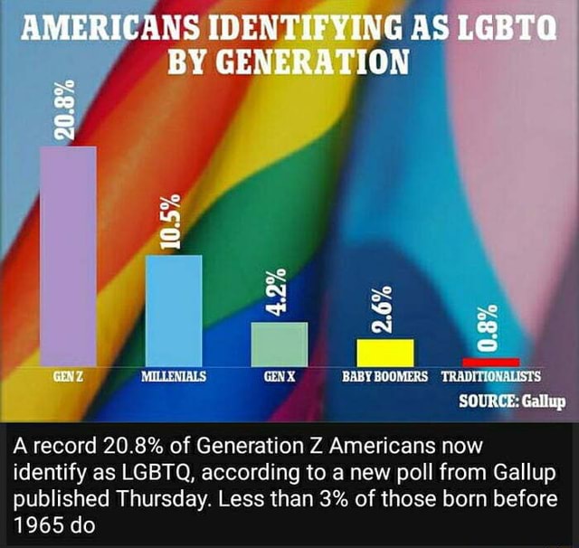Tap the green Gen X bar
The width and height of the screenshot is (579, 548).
click(x=279, y=344)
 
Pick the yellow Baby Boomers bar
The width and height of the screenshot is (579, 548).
click(x=384, y=352)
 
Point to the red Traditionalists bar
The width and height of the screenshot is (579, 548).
click(x=490, y=362)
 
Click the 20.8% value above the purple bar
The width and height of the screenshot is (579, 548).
click(x=64, y=109)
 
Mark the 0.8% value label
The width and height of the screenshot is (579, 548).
click(x=489, y=327)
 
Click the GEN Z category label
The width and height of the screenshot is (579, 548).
click(x=68, y=375)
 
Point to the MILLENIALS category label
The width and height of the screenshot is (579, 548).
click(x=174, y=375)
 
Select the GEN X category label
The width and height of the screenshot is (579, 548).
click(x=279, y=375)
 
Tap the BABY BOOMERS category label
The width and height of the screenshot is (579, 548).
click(x=384, y=375)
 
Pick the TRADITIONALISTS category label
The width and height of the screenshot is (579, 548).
click(x=490, y=375)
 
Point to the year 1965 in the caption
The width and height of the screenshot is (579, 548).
click(x=37, y=524)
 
